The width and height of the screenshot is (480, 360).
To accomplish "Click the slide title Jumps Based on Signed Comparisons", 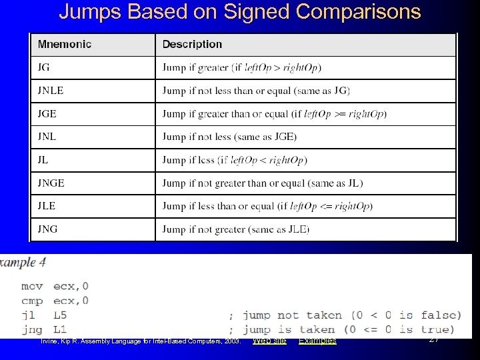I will (x=240, y=12).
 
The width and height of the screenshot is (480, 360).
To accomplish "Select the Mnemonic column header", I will (x=65, y=45).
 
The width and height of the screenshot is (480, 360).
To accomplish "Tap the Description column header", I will (x=192, y=45).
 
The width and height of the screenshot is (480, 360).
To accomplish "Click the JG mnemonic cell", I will (x=44, y=67).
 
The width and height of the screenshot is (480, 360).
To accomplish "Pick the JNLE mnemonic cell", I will (x=51, y=91).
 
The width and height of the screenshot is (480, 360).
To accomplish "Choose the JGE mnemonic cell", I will (x=47, y=113).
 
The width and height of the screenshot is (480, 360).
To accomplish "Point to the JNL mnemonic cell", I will (x=47, y=137).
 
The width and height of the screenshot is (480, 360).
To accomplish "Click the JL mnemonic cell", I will (x=43, y=160).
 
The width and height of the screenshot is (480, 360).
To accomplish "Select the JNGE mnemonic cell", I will (x=51, y=183).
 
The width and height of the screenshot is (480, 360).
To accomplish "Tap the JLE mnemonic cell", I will (x=47, y=206).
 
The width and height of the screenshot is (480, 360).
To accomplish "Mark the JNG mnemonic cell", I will (x=47, y=229).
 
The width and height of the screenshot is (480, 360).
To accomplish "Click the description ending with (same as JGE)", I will (x=229, y=137).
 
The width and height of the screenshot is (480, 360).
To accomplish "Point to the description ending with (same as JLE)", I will (x=236, y=229).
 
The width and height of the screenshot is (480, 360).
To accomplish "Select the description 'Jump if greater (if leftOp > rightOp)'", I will (x=241, y=67).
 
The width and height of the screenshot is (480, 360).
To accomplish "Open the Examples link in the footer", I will (x=317, y=341).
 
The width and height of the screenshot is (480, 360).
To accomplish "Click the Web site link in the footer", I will (x=270, y=341).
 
